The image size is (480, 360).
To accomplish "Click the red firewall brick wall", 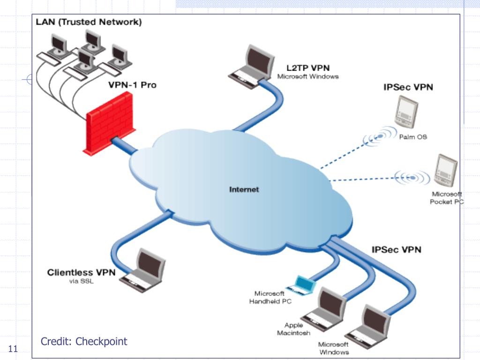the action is tap(109, 123).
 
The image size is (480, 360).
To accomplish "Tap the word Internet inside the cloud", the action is tap(244, 189).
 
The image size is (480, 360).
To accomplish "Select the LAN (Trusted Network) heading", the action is tap(89, 22).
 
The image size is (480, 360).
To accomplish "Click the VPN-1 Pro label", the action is tap(132, 85).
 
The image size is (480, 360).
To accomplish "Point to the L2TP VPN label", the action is tap(308, 67).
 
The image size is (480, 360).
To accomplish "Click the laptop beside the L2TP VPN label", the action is tap(252, 67).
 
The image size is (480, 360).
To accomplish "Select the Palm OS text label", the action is tap(413, 137).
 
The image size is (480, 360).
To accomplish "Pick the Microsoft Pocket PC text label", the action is tap(447, 198).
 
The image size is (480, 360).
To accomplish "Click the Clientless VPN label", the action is tap(81, 272).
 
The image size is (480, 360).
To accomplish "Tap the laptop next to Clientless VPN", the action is tap(142, 270).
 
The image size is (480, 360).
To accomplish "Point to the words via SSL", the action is tap(81, 281).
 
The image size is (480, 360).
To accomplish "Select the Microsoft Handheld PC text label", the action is tap(270, 297).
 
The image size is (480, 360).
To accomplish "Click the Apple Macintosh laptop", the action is tap(324, 309).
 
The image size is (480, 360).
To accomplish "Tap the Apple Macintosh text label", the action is tap(293, 329).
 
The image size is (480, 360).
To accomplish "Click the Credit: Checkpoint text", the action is tap(84, 341).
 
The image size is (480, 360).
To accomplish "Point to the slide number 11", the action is tap(13, 349).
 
